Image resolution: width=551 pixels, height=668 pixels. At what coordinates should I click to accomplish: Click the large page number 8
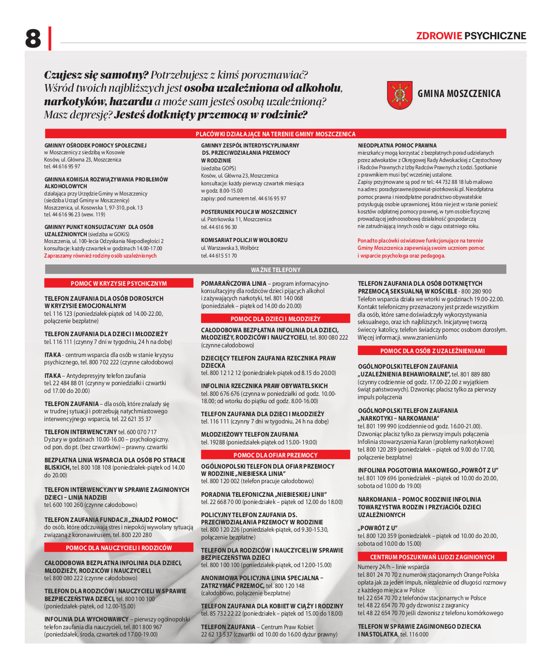point(33,38)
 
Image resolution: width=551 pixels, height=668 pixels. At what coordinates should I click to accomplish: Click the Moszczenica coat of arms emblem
point(399,95)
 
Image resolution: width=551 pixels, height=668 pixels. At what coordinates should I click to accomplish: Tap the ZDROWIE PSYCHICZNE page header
point(471,36)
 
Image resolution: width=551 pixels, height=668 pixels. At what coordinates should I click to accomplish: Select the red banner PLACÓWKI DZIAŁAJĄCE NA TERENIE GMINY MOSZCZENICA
point(275,134)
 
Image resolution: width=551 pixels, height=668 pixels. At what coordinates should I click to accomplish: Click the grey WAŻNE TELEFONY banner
point(275,270)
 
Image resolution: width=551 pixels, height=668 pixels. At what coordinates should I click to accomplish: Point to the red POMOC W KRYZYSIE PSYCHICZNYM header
point(118,283)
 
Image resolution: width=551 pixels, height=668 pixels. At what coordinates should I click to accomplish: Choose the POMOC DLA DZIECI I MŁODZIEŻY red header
point(275,319)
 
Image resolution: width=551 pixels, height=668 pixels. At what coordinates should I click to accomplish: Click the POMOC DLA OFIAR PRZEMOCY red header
point(275,455)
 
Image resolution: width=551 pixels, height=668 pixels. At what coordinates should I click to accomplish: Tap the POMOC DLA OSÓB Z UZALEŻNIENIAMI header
point(432,351)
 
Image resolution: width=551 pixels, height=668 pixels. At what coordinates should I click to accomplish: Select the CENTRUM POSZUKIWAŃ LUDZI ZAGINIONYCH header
point(432,557)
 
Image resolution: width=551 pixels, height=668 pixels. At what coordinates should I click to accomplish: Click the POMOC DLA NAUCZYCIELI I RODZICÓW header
point(118,548)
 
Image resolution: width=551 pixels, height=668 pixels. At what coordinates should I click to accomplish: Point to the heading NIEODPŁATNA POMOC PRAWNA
point(397,146)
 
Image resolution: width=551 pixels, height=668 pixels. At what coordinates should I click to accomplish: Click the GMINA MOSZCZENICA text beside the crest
point(459,94)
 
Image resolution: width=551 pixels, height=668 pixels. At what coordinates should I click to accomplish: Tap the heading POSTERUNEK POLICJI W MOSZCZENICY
point(249,212)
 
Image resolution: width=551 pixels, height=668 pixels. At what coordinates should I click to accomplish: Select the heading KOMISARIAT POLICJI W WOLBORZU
point(244,240)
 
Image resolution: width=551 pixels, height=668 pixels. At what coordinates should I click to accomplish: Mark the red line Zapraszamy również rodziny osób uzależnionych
point(100,256)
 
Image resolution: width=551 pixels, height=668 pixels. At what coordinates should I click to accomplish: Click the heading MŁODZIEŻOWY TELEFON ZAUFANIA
point(250,435)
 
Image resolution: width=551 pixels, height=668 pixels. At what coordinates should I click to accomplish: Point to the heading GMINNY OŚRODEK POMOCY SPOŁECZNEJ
point(95,146)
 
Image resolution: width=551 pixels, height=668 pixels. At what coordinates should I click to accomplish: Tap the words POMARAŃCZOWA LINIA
point(234,284)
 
